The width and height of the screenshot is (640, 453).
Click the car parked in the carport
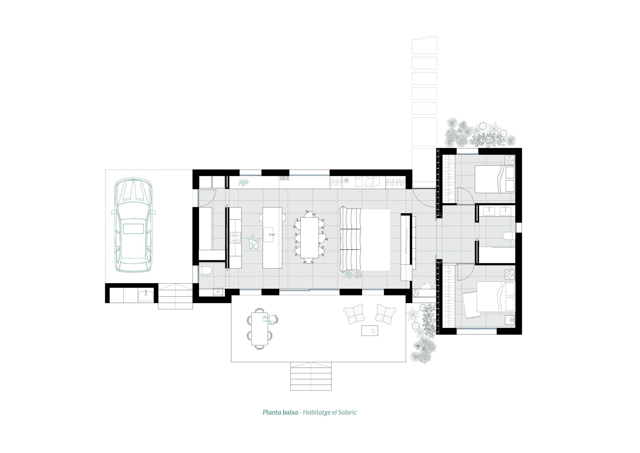133,225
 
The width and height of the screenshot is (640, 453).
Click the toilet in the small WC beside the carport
206,270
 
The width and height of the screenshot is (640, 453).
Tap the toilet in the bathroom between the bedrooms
509,236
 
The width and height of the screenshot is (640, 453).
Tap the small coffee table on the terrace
369,330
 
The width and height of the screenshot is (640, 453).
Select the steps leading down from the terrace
311,376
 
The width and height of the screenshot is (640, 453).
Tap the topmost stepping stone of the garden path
424,45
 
